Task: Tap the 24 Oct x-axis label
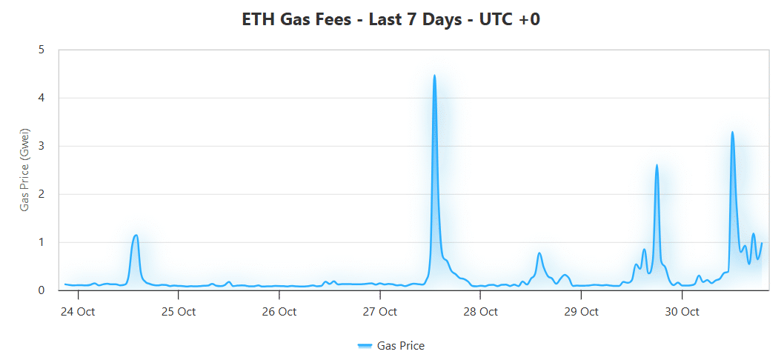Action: tap(77, 312)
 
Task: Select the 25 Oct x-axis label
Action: tap(178, 312)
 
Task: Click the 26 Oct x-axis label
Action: tap(279, 312)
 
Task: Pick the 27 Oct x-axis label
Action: tap(379, 312)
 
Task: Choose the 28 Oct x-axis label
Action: tap(480, 312)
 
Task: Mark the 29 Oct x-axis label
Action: tap(581, 312)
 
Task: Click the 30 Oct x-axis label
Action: tap(682, 312)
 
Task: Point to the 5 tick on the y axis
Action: tap(41, 50)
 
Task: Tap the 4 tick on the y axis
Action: tap(41, 98)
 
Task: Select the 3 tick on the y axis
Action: tap(41, 146)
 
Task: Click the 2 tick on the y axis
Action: tap(41, 194)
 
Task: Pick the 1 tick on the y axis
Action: tap(41, 242)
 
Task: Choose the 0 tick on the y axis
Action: tap(41, 290)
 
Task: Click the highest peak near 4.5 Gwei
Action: tap(434, 76)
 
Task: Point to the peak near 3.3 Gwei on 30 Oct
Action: tap(732, 133)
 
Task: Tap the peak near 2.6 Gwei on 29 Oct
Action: tap(657, 165)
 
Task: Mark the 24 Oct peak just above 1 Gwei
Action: tap(136, 236)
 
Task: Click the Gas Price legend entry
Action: tap(391, 345)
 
